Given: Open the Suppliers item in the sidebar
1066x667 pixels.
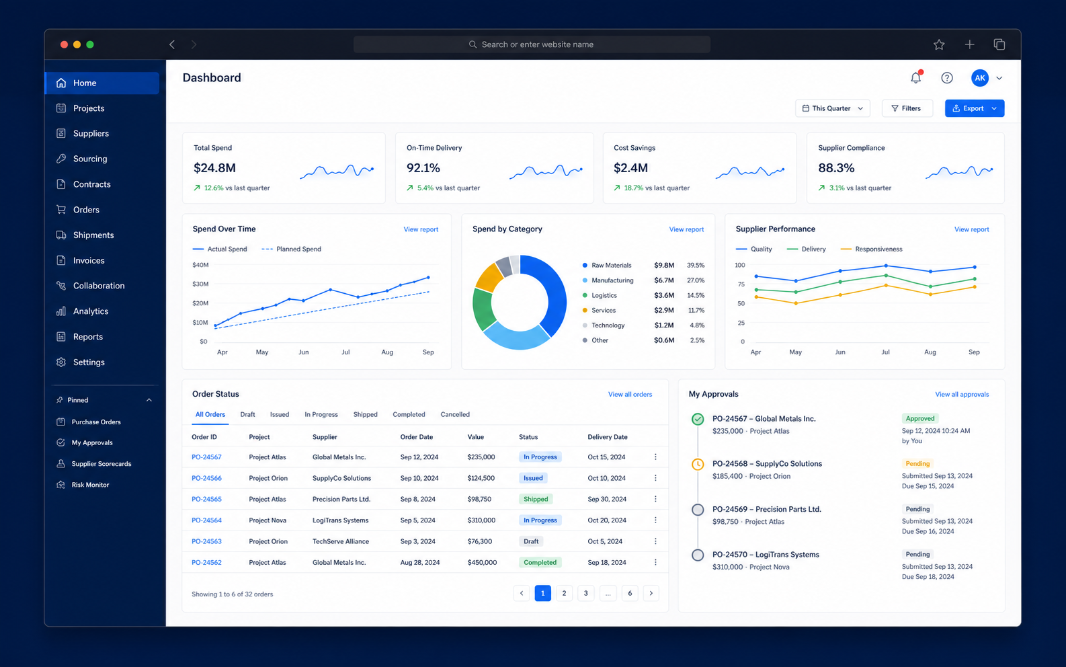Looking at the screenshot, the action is coord(91,133).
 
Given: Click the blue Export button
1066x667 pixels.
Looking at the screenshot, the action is coord(974,108).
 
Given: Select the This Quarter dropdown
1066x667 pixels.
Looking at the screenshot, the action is coord(832,108).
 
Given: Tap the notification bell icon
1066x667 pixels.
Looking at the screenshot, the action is coord(916,77).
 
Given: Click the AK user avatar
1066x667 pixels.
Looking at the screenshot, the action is coord(979,77).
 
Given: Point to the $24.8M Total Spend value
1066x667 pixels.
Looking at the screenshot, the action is coord(214,167).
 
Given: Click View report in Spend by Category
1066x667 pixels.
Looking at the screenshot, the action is coord(686,229).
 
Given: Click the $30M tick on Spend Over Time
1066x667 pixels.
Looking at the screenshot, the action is coord(200,284).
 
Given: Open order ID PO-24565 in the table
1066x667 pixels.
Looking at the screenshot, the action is coord(206,499).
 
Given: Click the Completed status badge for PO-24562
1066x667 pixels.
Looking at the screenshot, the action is coord(540,562).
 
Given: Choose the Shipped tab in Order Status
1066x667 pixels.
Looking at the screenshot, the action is coord(365,414).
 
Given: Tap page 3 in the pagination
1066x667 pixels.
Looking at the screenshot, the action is coord(586,593).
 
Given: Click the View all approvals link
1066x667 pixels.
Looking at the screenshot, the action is coord(962,394).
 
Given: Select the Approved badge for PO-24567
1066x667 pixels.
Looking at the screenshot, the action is coord(920,418).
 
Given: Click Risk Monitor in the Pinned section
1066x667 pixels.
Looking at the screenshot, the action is coord(90,485).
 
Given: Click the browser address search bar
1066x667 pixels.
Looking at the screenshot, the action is coord(532,44).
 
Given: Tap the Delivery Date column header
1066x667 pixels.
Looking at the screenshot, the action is coord(607,436).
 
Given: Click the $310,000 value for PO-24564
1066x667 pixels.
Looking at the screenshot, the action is coord(481,520).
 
